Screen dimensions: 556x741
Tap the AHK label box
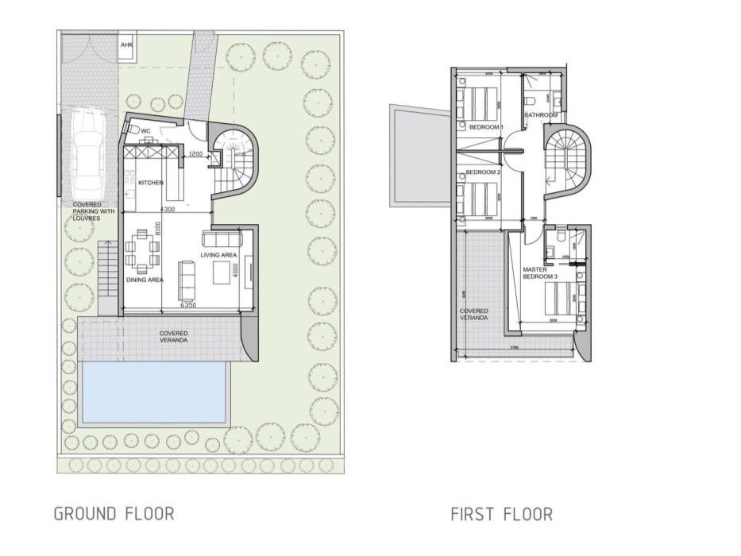pyautogui.click(x=126, y=46)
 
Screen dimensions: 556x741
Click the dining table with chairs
pyautogui.click(x=144, y=250)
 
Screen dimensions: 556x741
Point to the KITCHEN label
pyautogui.click(x=151, y=183)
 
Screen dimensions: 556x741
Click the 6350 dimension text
pyautogui.click(x=188, y=305)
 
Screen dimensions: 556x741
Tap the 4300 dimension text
pyautogui.click(x=167, y=210)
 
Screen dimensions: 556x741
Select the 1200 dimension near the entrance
pyautogui.click(x=197, y=154)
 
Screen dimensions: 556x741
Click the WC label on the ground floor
pyautogui.click(x=145, y=130)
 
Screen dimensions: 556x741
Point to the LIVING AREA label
pyautogui.click(x=220, y=255)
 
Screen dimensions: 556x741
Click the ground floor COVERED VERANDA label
pyautogui.click(x=173, y=337)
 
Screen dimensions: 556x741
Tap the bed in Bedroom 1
pyautogui.click(x=479, y=102)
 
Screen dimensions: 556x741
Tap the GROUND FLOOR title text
pyautogui.click(x=114, y=514)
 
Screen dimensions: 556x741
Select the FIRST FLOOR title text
pyautogui.click(x=501, y=515)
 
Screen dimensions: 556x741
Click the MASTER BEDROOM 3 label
pyautogui.click(x=541, y=273)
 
